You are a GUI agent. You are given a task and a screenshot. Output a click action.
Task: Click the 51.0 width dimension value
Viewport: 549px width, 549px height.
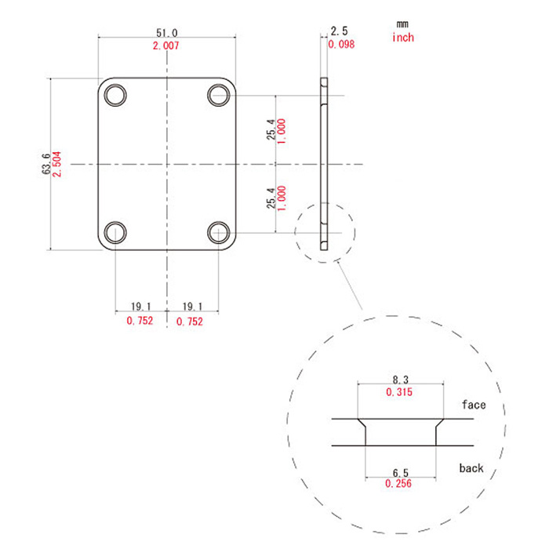(x=166, y=33)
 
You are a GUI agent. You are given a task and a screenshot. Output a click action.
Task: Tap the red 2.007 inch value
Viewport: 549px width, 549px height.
(x=166, y=45)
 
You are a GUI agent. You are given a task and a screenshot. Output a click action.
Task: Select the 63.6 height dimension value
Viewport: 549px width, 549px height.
(x=45, y=164)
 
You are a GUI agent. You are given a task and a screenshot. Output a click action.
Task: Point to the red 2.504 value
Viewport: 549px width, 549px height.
(x=56, y=164)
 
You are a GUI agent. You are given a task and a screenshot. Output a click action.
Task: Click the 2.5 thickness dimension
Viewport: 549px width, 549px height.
(x=340, y=31)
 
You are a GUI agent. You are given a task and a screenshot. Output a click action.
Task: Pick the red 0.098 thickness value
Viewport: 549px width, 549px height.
(x=341, y=44)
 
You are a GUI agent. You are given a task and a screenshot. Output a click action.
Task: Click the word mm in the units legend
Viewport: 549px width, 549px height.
(x=402, y=24)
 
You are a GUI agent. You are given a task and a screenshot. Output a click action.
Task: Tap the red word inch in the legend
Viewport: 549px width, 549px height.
(x=403, y=37)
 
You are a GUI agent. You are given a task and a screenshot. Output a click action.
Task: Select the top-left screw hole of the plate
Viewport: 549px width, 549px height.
(x=115, y=95)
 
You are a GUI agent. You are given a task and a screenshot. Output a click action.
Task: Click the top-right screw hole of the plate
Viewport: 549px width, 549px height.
(x=219, y=95)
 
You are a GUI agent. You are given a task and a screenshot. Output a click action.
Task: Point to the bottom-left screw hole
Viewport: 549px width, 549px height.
(x=115, y=232)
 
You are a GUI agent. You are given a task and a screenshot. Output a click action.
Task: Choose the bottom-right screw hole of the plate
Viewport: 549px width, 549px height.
(x=219, y=232)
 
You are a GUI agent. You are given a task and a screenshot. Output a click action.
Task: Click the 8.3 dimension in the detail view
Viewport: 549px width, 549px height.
(x=401, y=380)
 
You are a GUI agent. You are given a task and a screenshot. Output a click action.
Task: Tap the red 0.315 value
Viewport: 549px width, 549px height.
(x=399, y=392)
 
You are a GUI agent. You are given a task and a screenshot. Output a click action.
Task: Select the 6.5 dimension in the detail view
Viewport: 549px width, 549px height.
(x=401, y=473)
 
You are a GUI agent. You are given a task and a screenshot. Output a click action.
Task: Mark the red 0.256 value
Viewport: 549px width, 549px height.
(x=398, y=484)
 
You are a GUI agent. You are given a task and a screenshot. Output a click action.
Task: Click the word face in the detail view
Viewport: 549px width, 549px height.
(x=474, y=405)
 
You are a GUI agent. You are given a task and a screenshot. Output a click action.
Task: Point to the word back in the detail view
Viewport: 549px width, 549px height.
(x=471, y=468)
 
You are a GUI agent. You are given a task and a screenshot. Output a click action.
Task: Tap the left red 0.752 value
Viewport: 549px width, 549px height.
(x=140, y=321)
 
